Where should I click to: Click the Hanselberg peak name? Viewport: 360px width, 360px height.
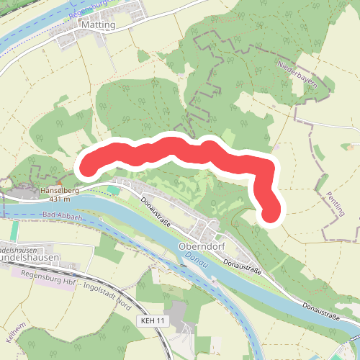pos(59,190)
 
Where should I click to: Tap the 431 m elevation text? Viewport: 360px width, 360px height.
pos(60,199)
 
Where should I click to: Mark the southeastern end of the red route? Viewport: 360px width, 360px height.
pos(270,212)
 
